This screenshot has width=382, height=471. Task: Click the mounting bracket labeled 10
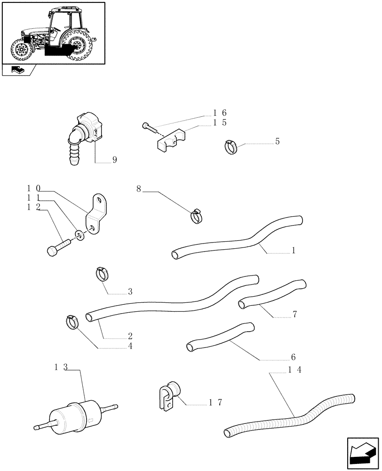click(95, 214)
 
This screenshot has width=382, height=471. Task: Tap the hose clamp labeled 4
click(72, 322)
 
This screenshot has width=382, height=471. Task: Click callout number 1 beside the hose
click(293, 251)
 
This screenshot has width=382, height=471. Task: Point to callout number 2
click(130, 336)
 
